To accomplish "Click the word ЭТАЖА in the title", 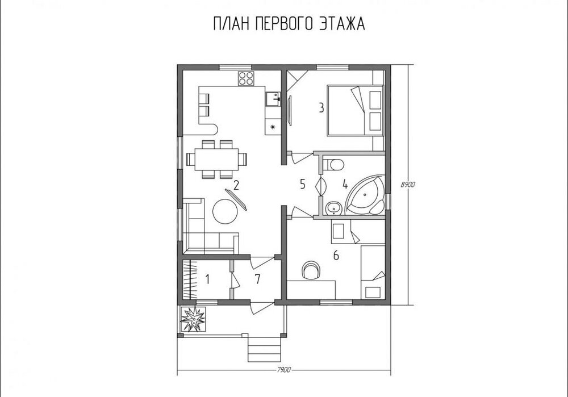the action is (x=342, y=24).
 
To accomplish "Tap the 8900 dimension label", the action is (x=407, y=185).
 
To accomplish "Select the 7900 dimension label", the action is (x=284, y=370).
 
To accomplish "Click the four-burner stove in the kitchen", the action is (x=245, y=78).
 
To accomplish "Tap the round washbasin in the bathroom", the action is (x=333, y=208).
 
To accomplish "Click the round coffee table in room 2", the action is (x=225, y=211).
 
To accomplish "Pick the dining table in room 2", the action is (x=216, y=159).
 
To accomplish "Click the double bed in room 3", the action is (x=356, y=110).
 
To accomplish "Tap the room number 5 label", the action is (x=303, y=184).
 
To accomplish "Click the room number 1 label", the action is (x=207, y=279).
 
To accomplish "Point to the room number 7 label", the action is (x=257, y=279).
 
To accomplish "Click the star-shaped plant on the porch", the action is (x=193, y=319).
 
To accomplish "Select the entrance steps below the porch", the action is (x=264, y=349).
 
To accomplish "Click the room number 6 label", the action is (x=336, y=256).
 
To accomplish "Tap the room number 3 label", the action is (x=321, y=107).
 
